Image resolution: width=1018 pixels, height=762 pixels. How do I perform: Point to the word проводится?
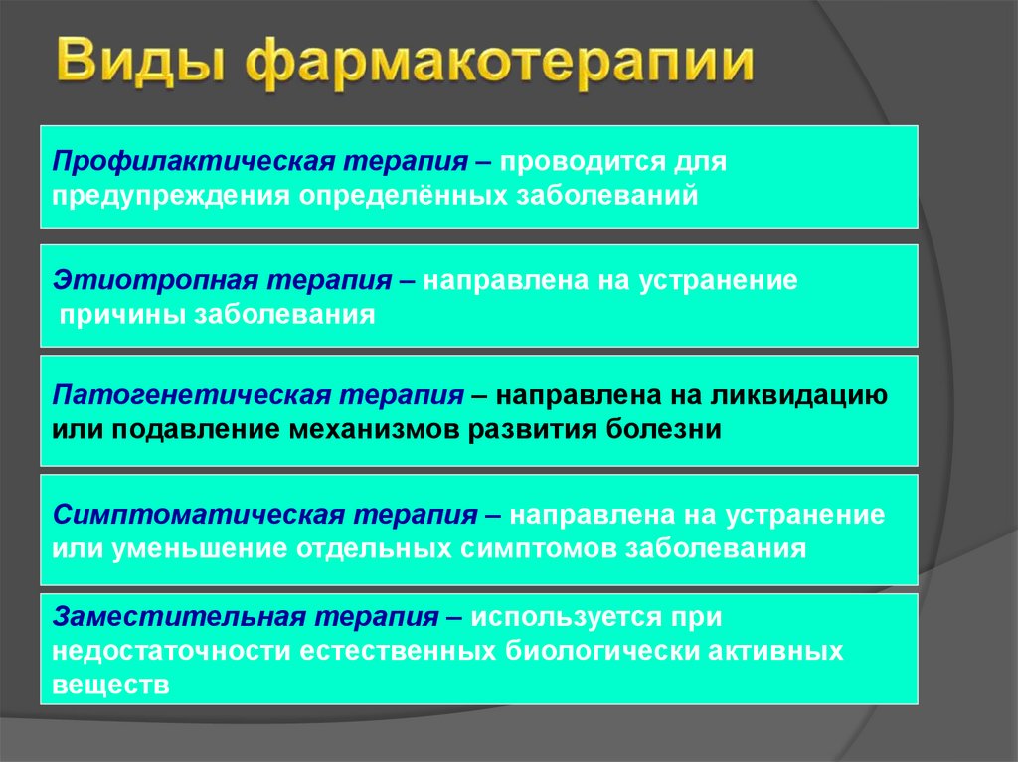point(581,162)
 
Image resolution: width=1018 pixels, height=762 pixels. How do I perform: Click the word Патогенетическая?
point(192,396)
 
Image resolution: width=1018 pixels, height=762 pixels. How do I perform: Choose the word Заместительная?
point(180,617)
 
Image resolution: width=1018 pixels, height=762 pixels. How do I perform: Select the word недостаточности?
point(171,651)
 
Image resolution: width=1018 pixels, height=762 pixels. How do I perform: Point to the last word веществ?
point(110,685)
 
